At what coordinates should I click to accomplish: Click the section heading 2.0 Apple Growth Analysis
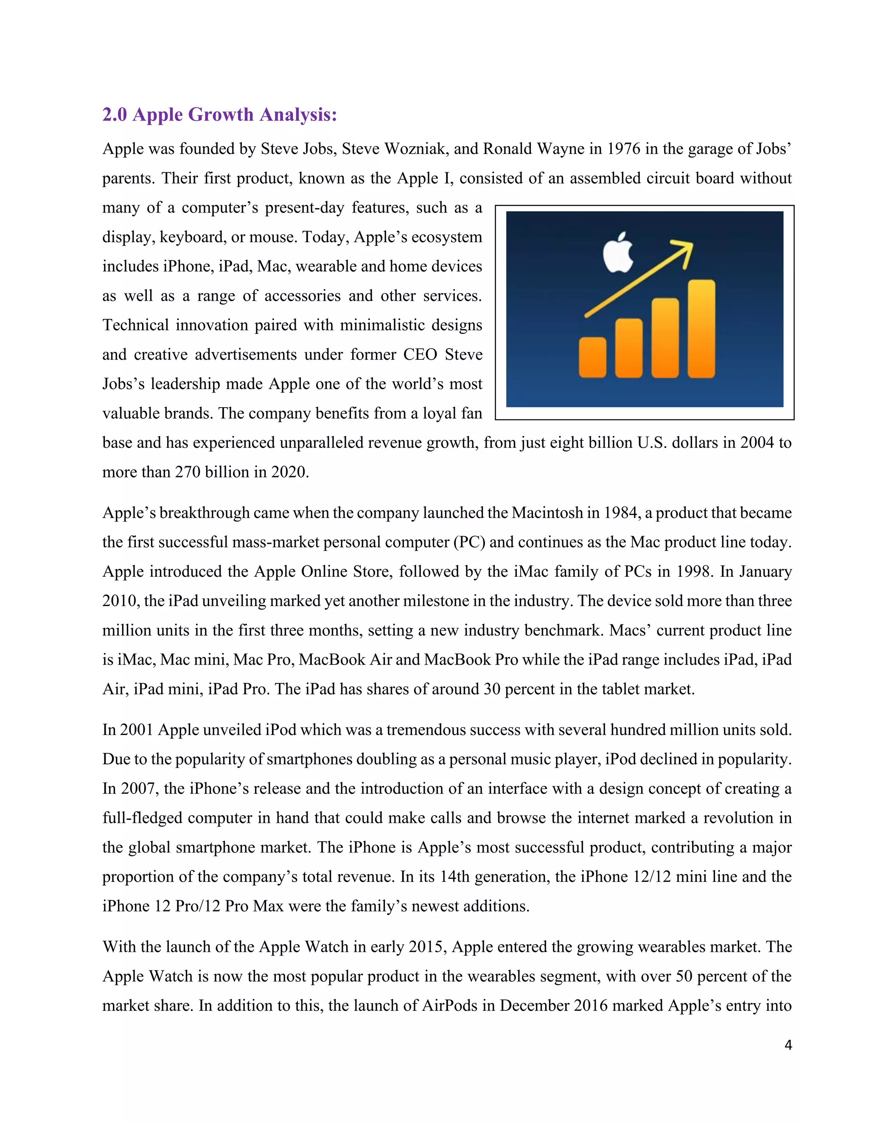[x=219, y=114]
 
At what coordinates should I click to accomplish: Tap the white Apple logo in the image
[x=618, y=253]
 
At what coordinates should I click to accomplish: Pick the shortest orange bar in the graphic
[x=592, y=357]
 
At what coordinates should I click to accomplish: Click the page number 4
[x=788, y=1045]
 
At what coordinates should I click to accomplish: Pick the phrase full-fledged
[x=142, y=818]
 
